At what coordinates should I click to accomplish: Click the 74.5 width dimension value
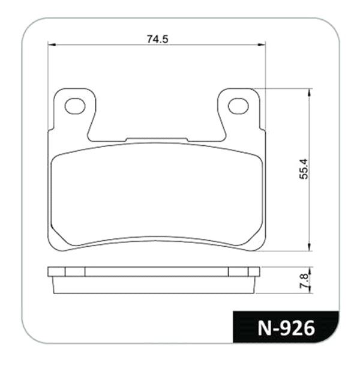[x=158, y=39]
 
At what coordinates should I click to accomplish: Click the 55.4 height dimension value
[x=304, y=169]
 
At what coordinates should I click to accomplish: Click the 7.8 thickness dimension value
[x=304, y=281]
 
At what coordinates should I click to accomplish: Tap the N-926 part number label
[x=286, y=328]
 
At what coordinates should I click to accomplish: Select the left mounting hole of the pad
[x=75, y=106]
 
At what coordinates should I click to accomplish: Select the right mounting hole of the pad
[x=238, y=106]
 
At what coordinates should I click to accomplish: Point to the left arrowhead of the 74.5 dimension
[x=52, y=44]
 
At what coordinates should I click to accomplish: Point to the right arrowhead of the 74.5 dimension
[x=262, y=44]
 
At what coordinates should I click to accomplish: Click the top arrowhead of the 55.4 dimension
[x=308, y=92]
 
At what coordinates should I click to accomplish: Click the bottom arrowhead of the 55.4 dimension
[x=308, y=247]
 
